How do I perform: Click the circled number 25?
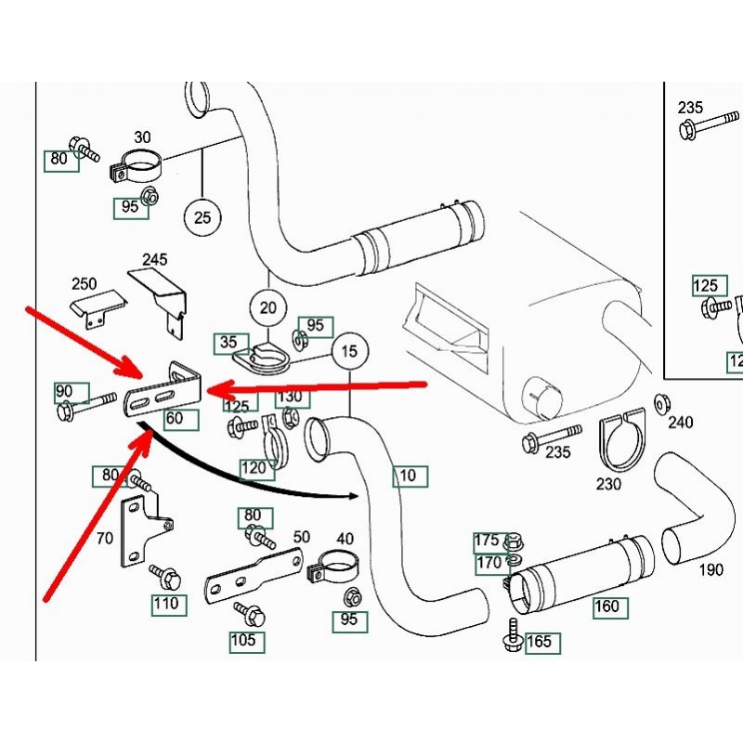202,218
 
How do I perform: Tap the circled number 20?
267,307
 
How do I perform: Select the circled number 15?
349,351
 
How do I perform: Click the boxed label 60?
180,419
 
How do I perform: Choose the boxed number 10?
410,477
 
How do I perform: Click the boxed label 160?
611,607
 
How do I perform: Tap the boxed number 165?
542,642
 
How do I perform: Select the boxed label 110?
169,605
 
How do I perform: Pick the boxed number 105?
247,641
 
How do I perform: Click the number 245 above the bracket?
156,259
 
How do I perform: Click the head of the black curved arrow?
354,495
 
